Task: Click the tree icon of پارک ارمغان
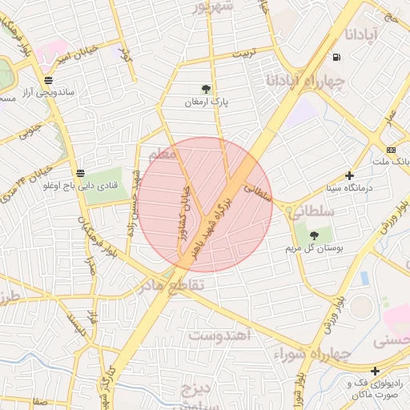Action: (207, 89)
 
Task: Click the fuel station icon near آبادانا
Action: (335, 57)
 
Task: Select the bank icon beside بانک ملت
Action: (391, 150)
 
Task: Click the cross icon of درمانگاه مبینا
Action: (349, 175)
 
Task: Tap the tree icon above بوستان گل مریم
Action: (313, 235)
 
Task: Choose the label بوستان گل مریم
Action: (314, 249)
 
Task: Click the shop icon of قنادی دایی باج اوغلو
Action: (80, 173)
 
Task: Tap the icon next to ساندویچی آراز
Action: (50, 80)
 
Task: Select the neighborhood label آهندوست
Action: (221, 335)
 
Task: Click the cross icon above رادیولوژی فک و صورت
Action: (375, 370)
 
